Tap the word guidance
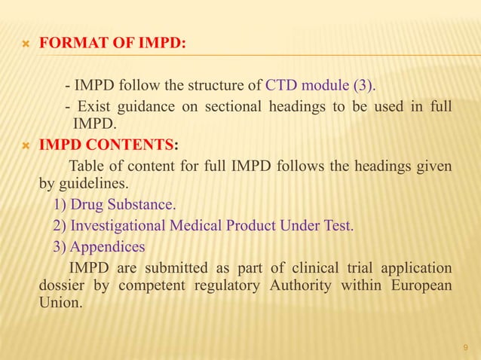coord(149,106)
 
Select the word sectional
coord(224,106)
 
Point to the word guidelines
coord(94,183)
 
